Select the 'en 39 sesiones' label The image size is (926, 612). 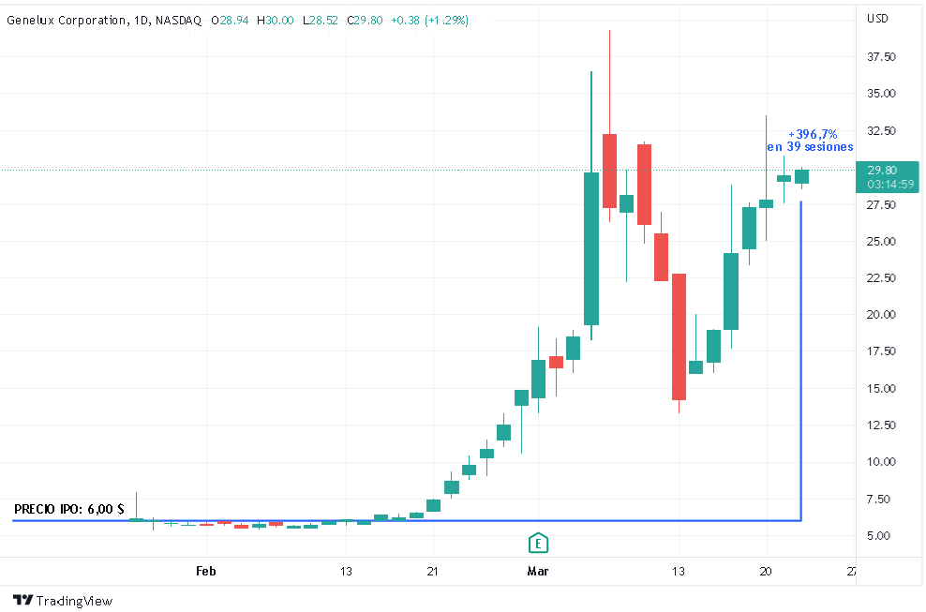(810, 147)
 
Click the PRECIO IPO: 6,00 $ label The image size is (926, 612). (69, 509)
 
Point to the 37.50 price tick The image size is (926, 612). (882, 57)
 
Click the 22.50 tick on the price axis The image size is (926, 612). (882, 278)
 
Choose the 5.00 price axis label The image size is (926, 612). (879, 536)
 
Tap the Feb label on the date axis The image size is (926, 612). (206, 571)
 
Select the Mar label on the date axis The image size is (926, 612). (538, 571)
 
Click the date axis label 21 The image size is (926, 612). (433, 571)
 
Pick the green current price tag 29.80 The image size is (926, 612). (882, 171)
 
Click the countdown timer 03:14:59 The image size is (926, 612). (889, 185)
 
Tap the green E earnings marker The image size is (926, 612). (538, 543)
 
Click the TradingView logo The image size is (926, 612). (63, 600)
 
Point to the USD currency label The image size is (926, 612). (878, 19)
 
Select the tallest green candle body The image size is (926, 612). (590, 248)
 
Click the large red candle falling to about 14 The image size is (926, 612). (679, 336)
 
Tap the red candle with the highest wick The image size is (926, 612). (609, 171)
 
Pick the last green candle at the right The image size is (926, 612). (801, 176)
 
